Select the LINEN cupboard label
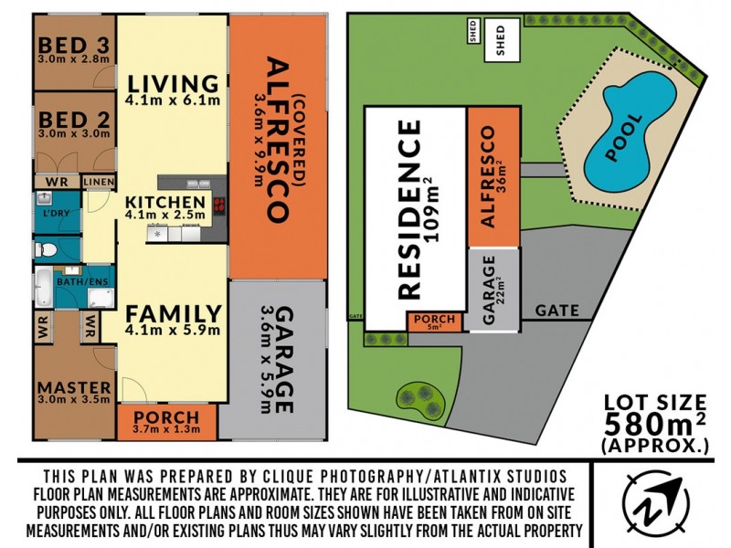coord(98,183)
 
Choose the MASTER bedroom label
coord(74,387)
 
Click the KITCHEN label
coord(165,202)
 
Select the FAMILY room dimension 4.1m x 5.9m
coord(174,331)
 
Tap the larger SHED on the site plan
coord(500,41)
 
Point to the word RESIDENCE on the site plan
coord(410,210)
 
